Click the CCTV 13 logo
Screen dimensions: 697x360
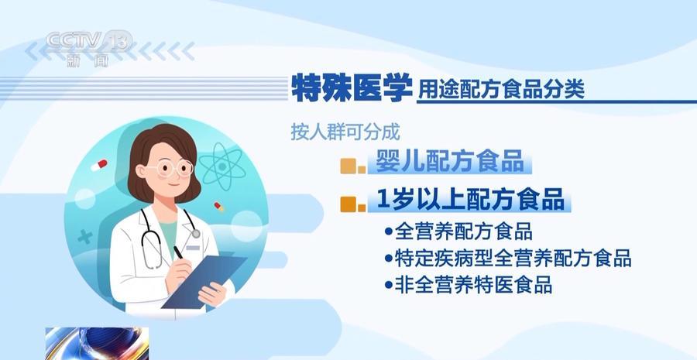click(89, 48)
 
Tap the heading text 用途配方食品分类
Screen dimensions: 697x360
click(500, 90)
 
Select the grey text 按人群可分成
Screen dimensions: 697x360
click(345, 132)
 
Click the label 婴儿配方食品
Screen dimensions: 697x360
click(450, 161)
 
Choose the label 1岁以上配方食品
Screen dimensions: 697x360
click(470, 200)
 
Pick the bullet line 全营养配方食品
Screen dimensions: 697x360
click(458, 231)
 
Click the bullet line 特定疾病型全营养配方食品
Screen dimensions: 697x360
click(508, 259)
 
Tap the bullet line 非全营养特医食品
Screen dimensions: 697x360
click(469, 285)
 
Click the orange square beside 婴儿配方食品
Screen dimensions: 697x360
click(353, 166)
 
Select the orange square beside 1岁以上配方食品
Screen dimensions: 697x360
click(353, 204)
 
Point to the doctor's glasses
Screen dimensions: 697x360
click(171, 169)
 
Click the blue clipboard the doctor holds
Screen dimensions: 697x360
click(204, 281)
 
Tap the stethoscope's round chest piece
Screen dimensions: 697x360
click(196, 233)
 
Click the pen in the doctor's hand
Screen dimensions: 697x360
click(178, 253)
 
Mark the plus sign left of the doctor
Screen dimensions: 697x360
click(85, 237)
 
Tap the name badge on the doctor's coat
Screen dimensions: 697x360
click(193, 248)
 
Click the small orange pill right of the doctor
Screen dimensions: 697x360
click(218, 207)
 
